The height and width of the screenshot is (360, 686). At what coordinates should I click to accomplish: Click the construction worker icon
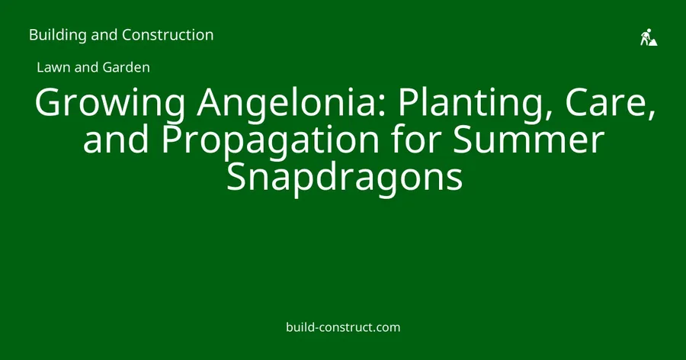[x=649, y=37]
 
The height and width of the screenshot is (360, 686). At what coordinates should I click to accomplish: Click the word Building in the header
[x=58, y=35]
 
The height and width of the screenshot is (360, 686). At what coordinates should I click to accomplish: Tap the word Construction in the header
[x=168, y=34]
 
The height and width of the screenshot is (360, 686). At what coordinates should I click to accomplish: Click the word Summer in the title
[x=528, y=140]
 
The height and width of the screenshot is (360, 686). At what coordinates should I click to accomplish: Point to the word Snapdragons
[x=345, y=178]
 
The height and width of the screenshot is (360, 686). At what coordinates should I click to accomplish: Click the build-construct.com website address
[x=343, y=327]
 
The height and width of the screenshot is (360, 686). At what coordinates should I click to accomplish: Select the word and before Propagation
[x=116, y=140]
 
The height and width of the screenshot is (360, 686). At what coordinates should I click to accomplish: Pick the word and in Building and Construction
[x=104, y=35]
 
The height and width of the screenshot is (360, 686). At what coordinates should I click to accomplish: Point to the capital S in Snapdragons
[x=237, y=177]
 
